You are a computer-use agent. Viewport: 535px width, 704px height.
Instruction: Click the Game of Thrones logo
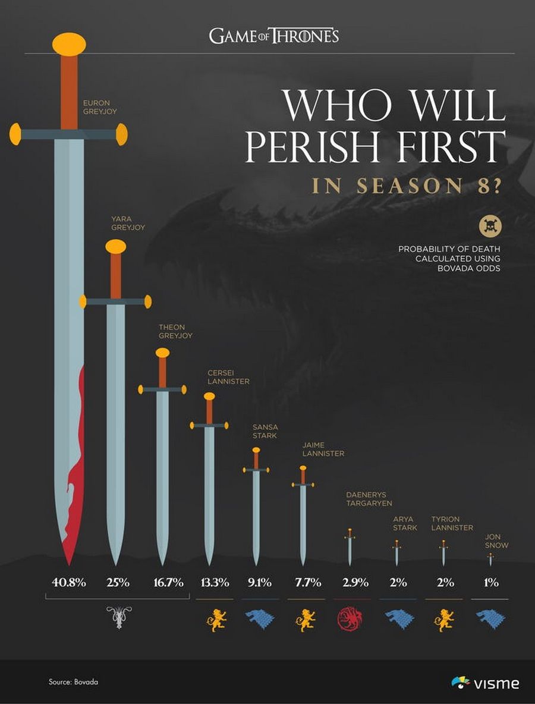tap(274, 36)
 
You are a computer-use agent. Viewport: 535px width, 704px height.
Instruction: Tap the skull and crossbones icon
tap(491, 226)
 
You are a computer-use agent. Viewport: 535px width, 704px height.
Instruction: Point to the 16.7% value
tap(168, 582)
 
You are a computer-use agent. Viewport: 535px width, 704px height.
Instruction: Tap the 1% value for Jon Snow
tap(490, 582)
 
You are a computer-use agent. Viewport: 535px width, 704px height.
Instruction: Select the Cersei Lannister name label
tap(228, 377)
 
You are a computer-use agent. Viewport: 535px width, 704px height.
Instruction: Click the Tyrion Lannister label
tap(452, 523)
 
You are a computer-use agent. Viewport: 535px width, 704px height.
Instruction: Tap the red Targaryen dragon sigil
tap(350, 619)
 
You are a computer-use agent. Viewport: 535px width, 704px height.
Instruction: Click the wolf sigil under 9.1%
tap(260, 619)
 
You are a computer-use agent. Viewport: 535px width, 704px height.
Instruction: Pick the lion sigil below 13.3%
tap(216, 620)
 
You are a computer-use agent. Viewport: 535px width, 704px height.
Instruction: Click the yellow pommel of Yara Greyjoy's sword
tap(116, 246)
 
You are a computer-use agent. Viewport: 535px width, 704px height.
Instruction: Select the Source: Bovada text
tap(73, 682)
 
